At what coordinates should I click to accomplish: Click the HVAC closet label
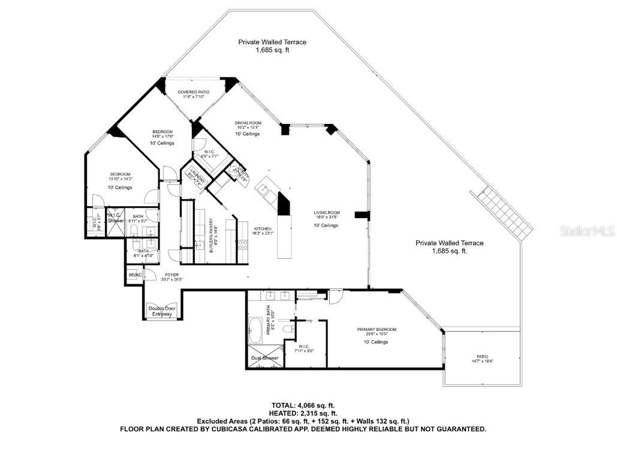click(134, 275)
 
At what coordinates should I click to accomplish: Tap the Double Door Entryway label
click(160, 311)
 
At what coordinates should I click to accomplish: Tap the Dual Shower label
click(264, 358)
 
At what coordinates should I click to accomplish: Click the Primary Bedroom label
click(377, 330)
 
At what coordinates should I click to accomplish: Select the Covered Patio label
click(192, 92)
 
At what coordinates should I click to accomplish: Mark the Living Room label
click(327, 213)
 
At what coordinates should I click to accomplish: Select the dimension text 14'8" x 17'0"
click(162, 136)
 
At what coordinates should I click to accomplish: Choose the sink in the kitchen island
click(263, 189)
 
